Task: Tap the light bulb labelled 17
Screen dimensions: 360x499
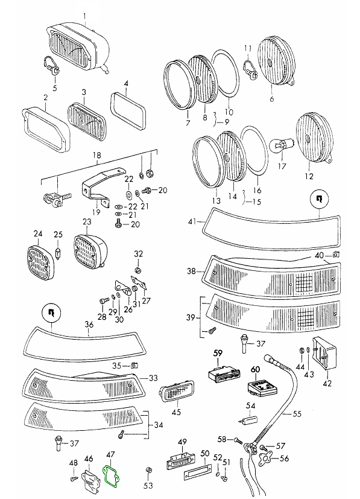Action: (x=278, y=147)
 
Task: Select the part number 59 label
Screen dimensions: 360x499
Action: (x=218, y=353)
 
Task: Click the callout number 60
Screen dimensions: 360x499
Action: (x=255, y=369)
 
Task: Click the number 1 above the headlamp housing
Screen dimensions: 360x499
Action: (x=85, y=16)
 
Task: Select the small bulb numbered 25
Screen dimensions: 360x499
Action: (x=57, y=253)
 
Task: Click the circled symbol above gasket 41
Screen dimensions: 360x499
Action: (x=319, y=199)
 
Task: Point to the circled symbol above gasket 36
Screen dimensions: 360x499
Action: (x=51, y=313)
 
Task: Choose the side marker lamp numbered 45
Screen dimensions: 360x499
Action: (x=177, y=391)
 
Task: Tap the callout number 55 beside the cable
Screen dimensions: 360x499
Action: (x=297, y=414)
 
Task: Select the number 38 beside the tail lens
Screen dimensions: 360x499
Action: (x=191, y=271)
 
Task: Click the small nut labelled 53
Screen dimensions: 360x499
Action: (x=148, y=471)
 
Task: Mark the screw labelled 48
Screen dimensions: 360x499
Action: (x=74, y=478)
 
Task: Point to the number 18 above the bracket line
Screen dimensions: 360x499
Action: (x=97, y=155)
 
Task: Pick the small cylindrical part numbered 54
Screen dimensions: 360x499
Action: (x=248, y=420)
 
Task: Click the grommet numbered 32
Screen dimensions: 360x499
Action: (x=138, y=270)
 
